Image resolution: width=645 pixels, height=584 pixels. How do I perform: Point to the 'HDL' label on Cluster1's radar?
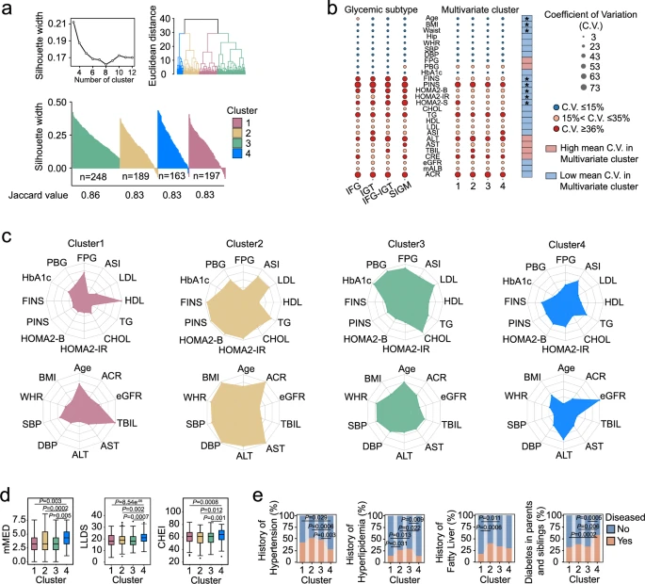133,300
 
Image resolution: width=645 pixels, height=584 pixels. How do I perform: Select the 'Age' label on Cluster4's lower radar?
566,369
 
